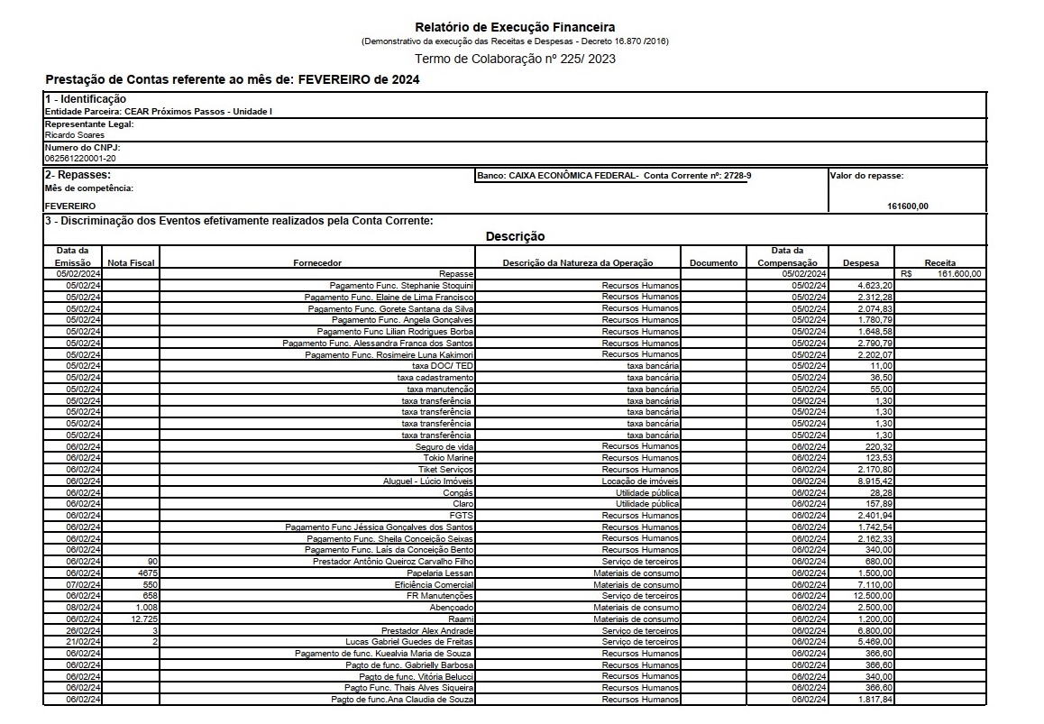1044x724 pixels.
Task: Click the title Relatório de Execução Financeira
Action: coord(515,27)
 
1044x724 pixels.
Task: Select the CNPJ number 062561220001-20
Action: coord(80,157)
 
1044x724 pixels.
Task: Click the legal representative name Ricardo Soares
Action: coord(75,135)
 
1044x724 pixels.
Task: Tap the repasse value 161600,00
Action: coord(908,206)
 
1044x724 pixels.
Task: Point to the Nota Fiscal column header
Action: coord(131,262)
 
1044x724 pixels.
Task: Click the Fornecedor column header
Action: coord(317,262)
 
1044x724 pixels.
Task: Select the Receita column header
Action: coord(939,262)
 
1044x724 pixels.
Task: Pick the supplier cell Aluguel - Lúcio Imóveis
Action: coord(428,481)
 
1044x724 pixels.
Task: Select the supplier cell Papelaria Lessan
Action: coord(440,573)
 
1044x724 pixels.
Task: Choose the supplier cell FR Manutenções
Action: coord(440,596)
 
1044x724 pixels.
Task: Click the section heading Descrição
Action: coord(515,236)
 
